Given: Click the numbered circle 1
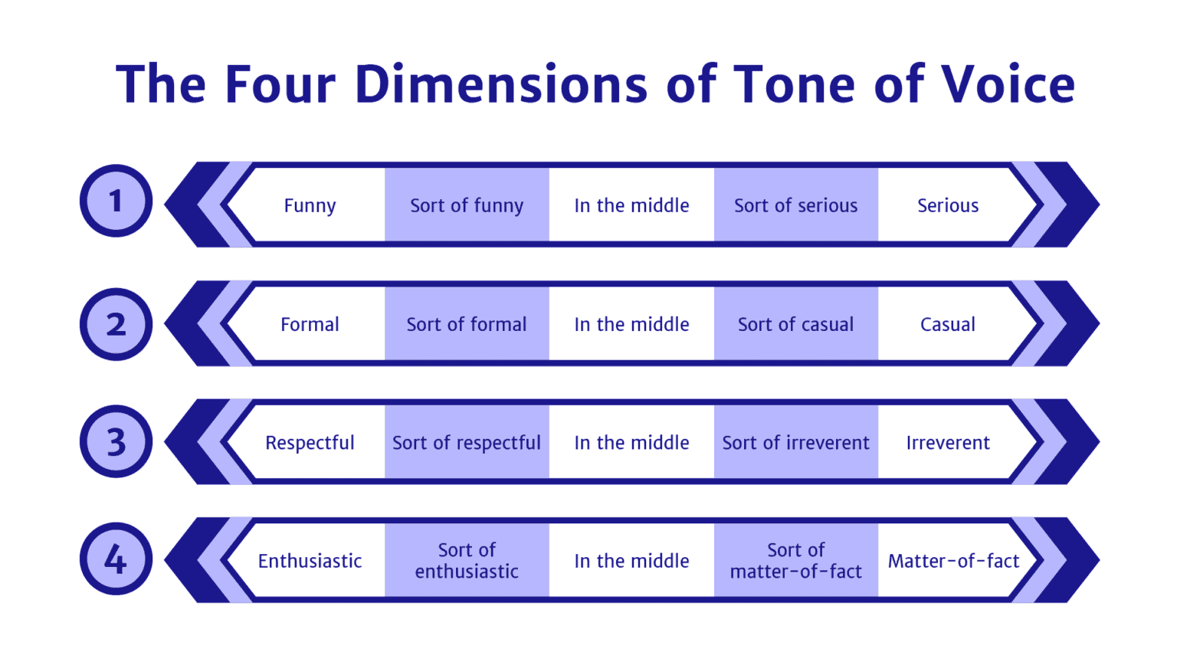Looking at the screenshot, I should click(116, 201).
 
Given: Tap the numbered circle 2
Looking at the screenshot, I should click(116, 324).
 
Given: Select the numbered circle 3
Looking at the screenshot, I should click(116, 441).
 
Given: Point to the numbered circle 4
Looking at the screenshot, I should click(116, 559).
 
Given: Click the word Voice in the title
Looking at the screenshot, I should click(1008, 84).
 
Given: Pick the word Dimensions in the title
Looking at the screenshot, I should click(501, 84).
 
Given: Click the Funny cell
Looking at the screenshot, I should click(310, 205).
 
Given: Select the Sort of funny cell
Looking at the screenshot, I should click(467, 205).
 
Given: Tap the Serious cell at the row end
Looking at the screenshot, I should click(948, 205).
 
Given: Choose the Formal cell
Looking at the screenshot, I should click(310, 324).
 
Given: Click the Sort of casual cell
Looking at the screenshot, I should click(795, 324).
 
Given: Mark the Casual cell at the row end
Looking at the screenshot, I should click(948, 324).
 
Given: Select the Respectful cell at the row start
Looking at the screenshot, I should click(310, 443).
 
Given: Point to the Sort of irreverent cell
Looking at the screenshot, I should click(795, 443).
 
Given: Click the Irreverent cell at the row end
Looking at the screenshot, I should click(948, 443).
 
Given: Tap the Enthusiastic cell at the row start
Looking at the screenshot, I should click(310, 561).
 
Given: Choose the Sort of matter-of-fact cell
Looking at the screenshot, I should click(795, 561).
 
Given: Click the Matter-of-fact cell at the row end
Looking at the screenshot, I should click(953, 561).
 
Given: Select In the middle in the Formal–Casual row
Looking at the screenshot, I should click(631, 324).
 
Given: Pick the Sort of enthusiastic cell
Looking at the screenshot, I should click(467, 561).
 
